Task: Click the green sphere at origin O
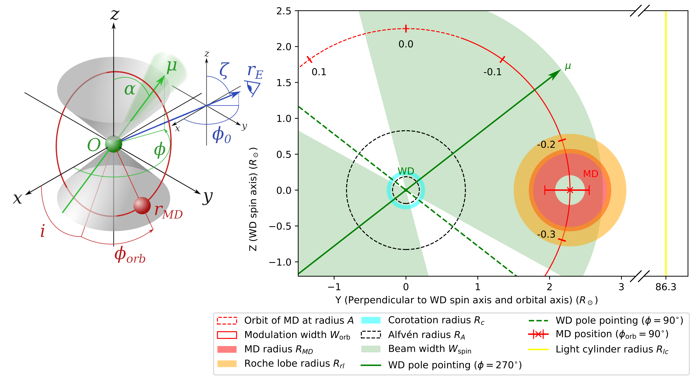[113, 144]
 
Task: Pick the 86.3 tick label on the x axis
[666, 287]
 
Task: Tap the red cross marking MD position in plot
[570, 190]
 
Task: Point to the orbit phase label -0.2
[546, 144]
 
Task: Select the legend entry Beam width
[430, 349]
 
